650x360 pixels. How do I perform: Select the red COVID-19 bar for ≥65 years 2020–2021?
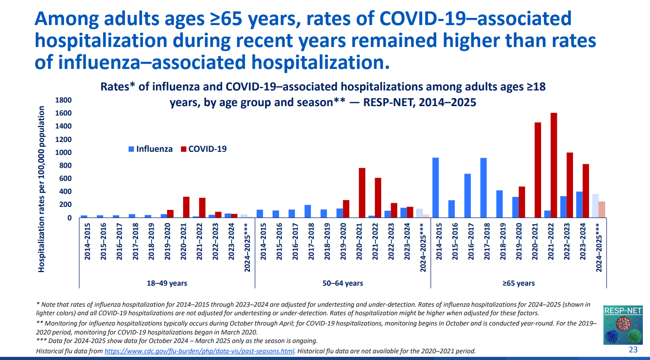coord(538,170)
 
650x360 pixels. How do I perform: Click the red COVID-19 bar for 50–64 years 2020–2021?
coord(362,193)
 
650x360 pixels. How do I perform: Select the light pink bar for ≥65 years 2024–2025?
coord(602,210)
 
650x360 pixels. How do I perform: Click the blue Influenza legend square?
coord(131,149)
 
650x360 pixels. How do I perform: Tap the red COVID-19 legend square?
coord(183,149)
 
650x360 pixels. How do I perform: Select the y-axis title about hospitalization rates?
coord(42,189)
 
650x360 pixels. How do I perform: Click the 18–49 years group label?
coord(167,283)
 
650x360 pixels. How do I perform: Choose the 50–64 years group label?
coord(343,283)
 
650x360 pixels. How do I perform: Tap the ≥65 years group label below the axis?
coord(518,283)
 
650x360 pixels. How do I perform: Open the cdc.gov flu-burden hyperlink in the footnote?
coord(199,351)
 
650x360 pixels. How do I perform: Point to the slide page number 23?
coord(633,350)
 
